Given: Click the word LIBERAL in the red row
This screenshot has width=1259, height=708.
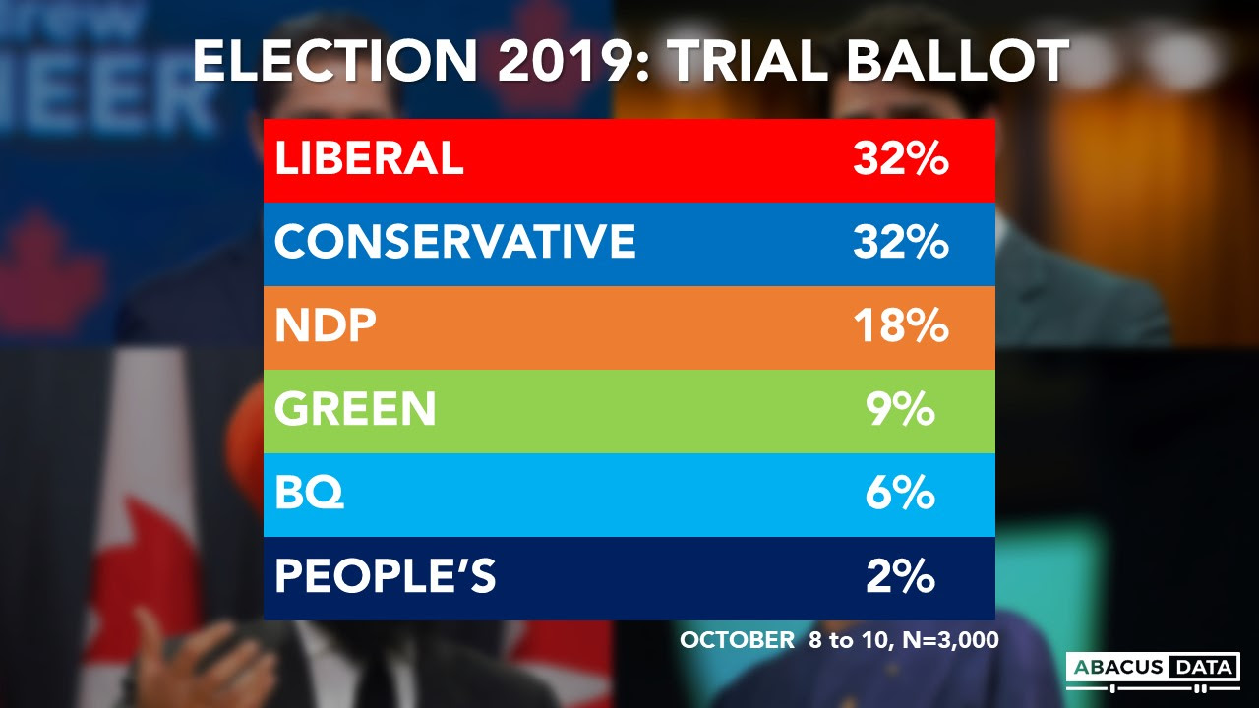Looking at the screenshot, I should pyautogui.click(x=369, y=159).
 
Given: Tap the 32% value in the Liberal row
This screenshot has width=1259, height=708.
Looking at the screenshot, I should pyautogui.click(x=900, y=159).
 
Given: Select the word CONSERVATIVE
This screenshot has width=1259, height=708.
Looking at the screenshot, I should pyautogui.click(x=455, y=243).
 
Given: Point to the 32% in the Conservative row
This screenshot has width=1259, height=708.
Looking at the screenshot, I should pyautogui.click(x=900, y=243).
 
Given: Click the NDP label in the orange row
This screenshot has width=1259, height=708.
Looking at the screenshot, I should pyautogui.click(x=326, y=326).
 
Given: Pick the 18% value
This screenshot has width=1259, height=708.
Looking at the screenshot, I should pyautogui.click(x=900, y=326).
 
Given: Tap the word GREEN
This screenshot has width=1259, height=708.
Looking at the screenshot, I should pyautogui.click(x=355, y=410).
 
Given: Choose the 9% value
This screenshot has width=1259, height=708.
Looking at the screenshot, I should pyautogui.click(x=900, y=410).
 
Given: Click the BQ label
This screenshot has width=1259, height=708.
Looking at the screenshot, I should pyautogui.click(x=309, y=494).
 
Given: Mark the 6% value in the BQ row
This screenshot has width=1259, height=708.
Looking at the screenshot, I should pyautogui.click(x=900, y=494).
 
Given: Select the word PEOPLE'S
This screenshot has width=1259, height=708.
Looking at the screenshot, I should pyautogui.click(x=385, y=577).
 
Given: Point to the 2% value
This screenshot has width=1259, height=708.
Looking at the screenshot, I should pyautogui.click(x=900, y=577).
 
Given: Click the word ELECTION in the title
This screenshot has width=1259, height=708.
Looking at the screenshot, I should pyautogui.click(x=337, y=63).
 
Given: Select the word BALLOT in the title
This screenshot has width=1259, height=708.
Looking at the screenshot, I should pyautogui.click(x=957, y=63).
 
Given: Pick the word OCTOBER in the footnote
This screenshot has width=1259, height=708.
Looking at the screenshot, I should pyautogui.click(x=737, y=640).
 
